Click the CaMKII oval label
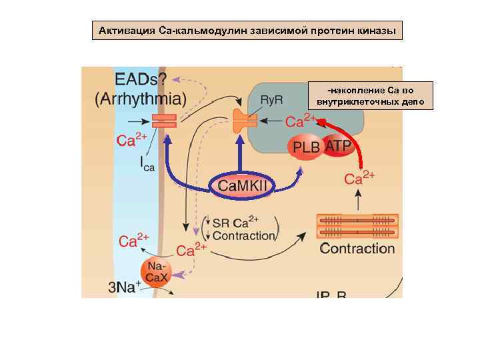243,185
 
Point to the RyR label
271,99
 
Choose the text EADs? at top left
141,79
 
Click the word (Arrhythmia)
141,100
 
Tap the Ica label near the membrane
147,163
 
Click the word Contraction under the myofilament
357,249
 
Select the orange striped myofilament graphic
357,226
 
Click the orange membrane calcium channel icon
164,121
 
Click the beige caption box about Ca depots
371,96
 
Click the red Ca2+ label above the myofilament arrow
359,178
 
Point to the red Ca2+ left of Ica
131,140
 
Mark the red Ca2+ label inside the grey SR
301,121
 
